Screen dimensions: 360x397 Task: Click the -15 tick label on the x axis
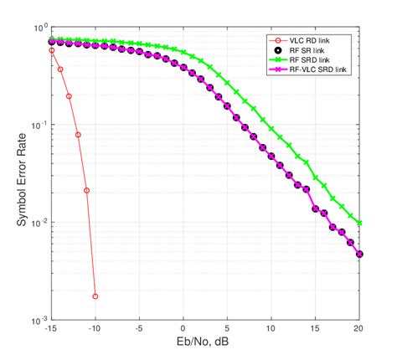51,330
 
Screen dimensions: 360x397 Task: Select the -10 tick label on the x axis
95,330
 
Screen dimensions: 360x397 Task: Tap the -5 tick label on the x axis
139,330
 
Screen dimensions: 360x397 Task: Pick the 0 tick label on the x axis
183,330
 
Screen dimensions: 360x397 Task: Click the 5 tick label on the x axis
228,330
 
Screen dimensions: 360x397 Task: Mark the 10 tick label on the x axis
271,330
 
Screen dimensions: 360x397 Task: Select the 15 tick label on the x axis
316,330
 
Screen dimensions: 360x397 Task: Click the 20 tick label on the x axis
359,330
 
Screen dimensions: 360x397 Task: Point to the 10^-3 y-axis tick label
37,320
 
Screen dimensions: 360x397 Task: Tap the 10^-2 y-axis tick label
37,223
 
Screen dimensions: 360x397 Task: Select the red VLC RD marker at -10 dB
95,296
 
